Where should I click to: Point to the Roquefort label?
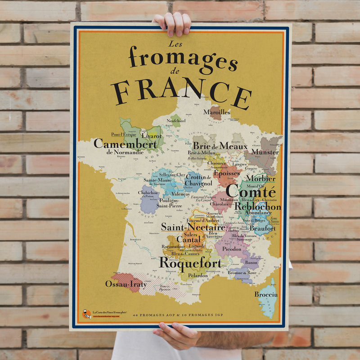coord(189,262)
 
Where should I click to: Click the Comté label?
coord(251,191)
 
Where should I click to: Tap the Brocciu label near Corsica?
coord(266,294)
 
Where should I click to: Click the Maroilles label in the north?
coord(216,112)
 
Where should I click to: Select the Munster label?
coord(265,152)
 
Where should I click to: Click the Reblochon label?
coord(257,207)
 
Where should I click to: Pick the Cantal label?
coord(188,239)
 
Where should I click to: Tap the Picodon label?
coord(232,248)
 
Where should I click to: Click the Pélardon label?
coord(198,275)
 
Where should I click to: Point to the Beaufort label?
coord(263,228)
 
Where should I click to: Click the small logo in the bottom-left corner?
coord(87,314)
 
